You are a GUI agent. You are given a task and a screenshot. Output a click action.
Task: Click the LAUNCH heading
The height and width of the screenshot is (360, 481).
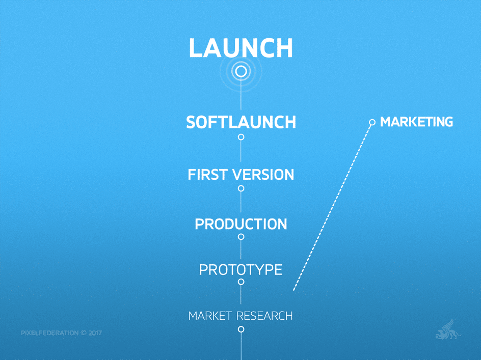[x=241, y=48]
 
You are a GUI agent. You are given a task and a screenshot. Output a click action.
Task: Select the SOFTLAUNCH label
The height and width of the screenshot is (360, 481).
[x=241, y=122]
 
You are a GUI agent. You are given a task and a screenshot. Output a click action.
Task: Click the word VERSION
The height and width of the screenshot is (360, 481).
[x=263, y=175]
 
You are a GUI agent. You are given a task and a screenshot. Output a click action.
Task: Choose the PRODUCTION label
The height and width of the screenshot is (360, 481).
[x=241, y=224]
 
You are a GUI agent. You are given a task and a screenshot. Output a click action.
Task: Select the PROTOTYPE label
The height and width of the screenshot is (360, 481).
[x=241, y=269]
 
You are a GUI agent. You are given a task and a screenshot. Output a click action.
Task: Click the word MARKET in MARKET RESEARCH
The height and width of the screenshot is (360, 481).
[x=210, y=316]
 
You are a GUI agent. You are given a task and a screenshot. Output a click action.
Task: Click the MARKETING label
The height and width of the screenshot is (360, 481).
[x=416, y=122]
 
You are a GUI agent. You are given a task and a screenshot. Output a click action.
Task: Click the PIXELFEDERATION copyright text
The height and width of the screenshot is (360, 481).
[x=61, y=333]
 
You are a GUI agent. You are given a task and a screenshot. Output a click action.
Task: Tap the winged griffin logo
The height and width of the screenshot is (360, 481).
[x=448, y=330]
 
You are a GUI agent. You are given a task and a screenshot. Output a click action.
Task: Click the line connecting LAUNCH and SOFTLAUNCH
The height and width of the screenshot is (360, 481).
[x=241, y=94]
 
